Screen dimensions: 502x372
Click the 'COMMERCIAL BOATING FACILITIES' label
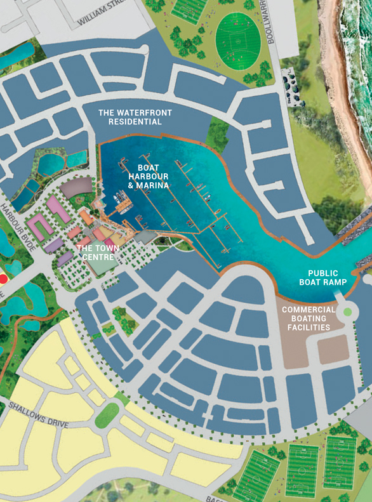click(x=308, y=318)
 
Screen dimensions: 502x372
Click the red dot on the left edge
click(x=3, y=278)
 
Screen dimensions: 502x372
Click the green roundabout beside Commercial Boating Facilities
click(x=347, y=312)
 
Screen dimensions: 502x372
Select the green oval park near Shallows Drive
click(x=107, y=415)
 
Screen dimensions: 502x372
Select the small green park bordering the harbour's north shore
click(x=217, y=135)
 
